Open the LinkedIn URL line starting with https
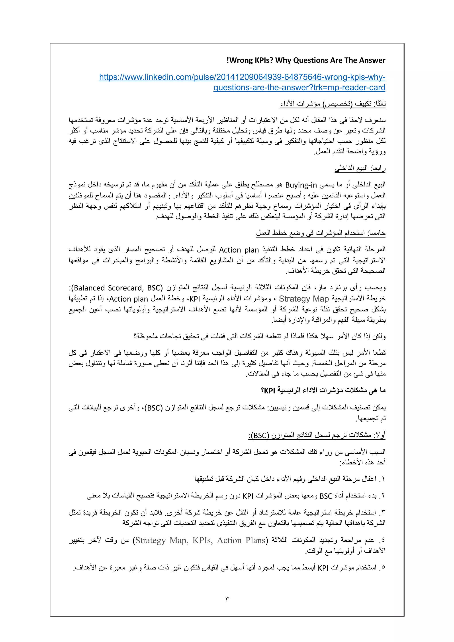click(242, 77)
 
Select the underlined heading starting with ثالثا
click(333, 104)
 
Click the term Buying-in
click(301, 185)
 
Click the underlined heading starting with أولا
click(317, 435)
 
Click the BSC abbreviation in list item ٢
click(326, 496)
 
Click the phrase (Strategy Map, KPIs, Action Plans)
click(200, 540)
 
